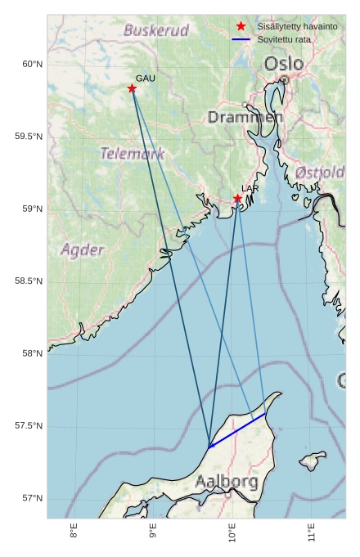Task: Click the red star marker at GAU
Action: (x=132, y=88)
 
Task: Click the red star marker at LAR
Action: (x=237, y=199)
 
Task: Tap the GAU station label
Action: (x=145, y=79)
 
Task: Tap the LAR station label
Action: (x=250, y=189)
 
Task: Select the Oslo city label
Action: (x=284, y=64)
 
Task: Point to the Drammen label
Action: (x=245, y=118)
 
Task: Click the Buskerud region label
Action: (x=156, y=31)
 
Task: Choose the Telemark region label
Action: (x=133, y=154)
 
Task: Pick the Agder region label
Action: (x=82, y=249)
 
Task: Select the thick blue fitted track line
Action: (x=237, y=430)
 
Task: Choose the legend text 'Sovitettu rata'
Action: (x=284, y=39)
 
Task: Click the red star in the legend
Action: (x=241, y=27)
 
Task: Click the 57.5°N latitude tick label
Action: (x=29, y=426)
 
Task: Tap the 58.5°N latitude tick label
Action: (x=29, y=281)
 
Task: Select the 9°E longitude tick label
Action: (x=153, y=532)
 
